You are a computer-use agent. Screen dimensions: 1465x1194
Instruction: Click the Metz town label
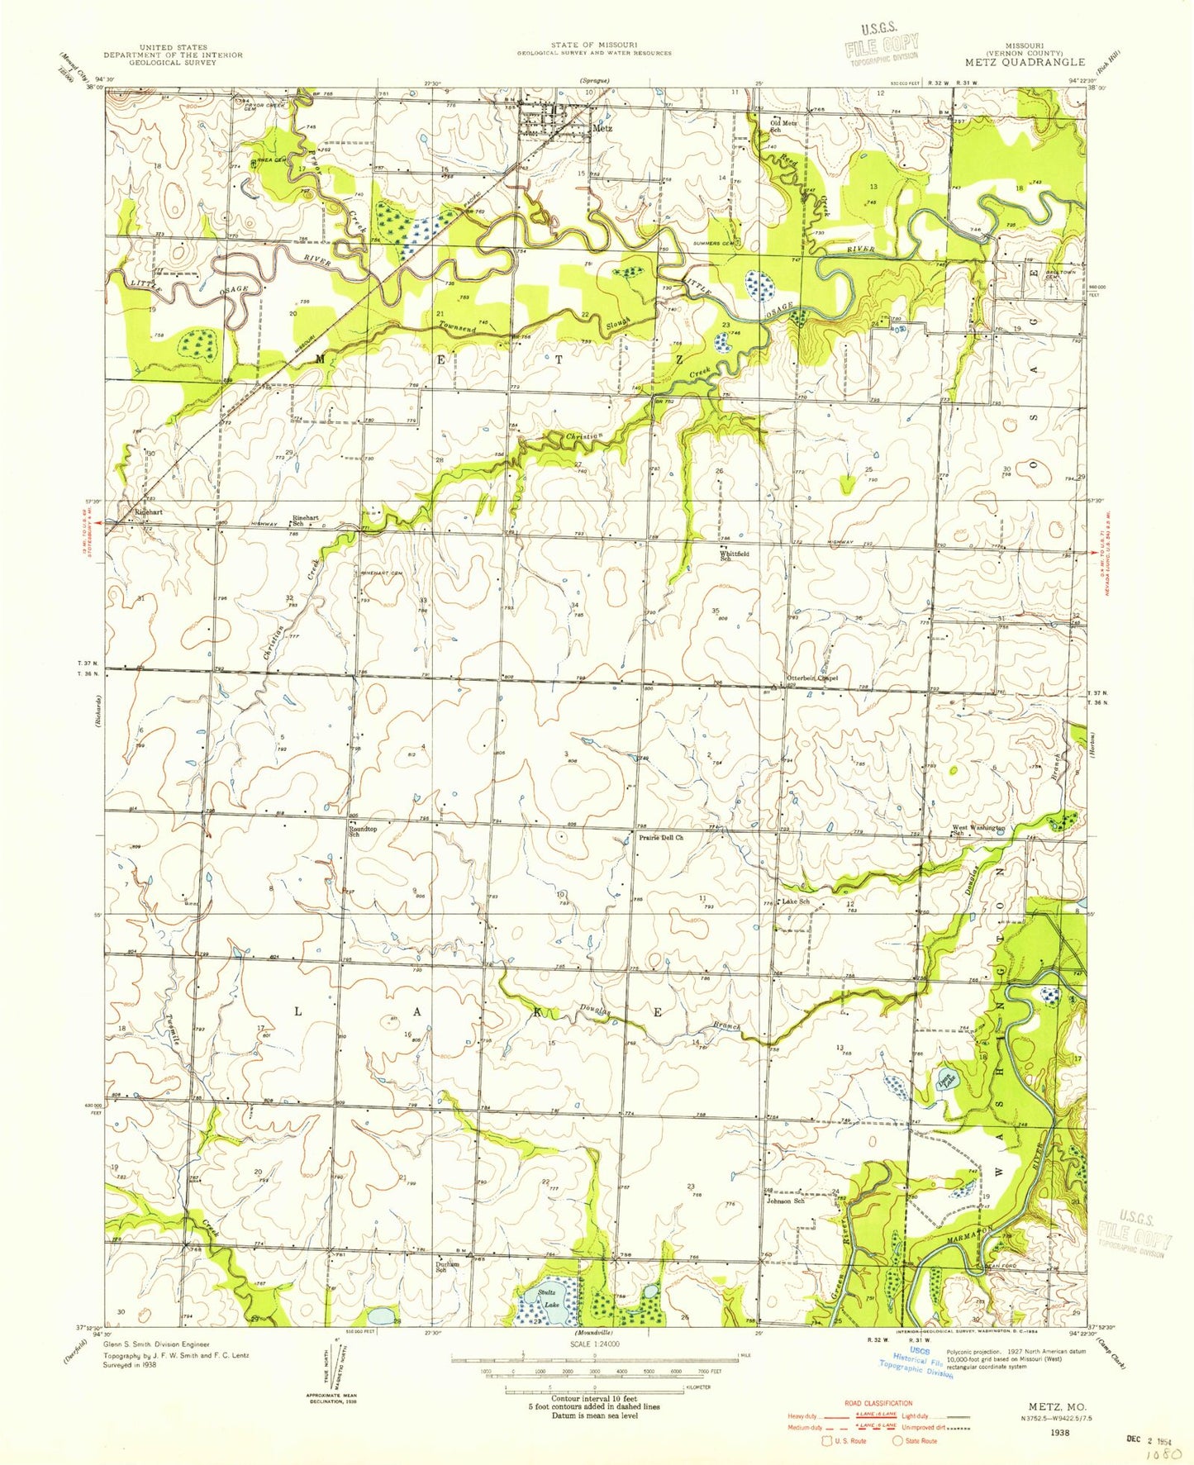[x=602, y=129]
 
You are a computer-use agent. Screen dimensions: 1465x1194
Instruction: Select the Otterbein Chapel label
[x=811, y=678]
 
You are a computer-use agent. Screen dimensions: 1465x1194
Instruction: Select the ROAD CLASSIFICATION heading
[x=878, y=1403]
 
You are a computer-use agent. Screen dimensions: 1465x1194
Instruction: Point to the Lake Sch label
[x=795, y=901]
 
